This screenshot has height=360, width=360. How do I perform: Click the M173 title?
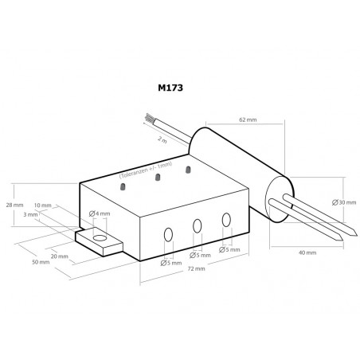click(x=170, y=88)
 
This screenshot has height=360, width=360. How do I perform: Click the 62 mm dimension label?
click(x=248, y=119)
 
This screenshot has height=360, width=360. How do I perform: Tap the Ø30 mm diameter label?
click(x=344, y=202)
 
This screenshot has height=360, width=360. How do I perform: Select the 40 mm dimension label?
click(x=307, y=252)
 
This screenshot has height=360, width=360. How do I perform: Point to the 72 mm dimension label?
click(x=196, y=268)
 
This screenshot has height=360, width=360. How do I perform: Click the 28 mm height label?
click(x=14, y=205)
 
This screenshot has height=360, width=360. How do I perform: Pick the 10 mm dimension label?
click(x=43, y=205)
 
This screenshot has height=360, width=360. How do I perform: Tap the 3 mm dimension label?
click(x=30, y=214)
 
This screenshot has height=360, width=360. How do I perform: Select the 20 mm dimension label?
click(x=60, y=256)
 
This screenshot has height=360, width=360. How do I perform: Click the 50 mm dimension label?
click(x=41, y=262)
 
